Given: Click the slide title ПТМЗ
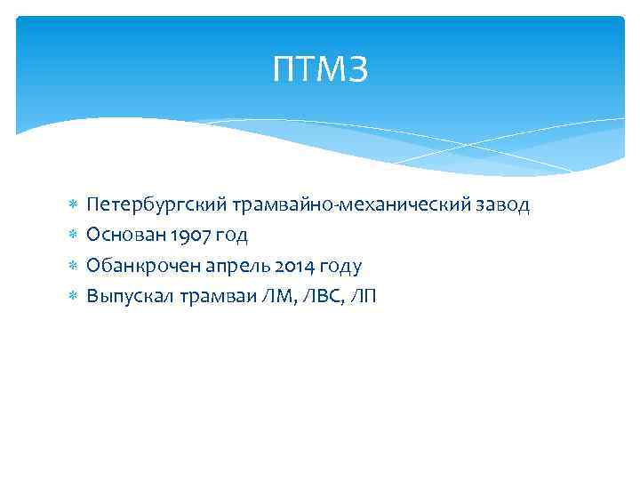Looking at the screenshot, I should (320, 69).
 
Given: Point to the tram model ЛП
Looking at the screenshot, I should (364, 296).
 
